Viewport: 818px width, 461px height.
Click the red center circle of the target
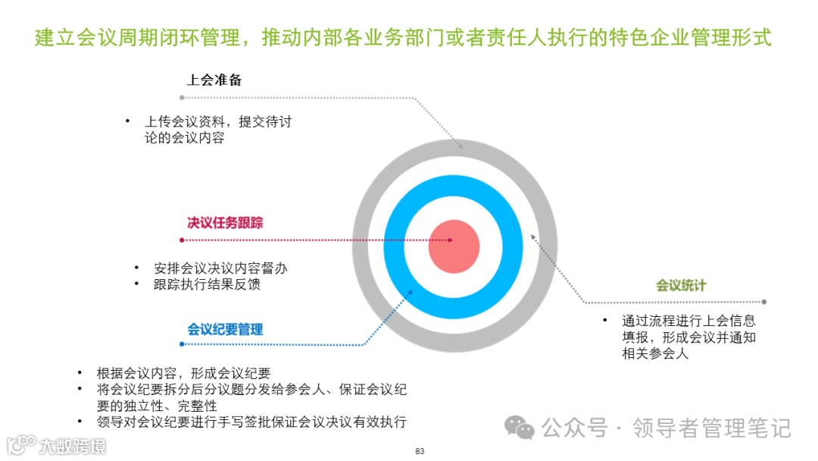pyautogui.click(x=454, y=246)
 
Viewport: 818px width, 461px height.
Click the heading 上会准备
pyautogui.click(x=214, y=80)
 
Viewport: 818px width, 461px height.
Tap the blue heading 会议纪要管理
pyautogui.click(x=225, y=329)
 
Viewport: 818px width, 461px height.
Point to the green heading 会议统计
pyautogui.click(x=681, y=285)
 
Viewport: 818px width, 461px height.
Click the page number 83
pyautogui.click(x=420, y=452)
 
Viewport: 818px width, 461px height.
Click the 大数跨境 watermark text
pyautogui.click(x=73, y=445)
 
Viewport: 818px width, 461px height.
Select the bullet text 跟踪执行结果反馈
pyautogui.click(x=207, y=284)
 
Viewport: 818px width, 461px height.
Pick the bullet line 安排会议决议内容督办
pyautogui.click(x=220, y=268)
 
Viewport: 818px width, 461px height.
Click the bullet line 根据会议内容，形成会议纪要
pyautogui.click(x=183, y=373)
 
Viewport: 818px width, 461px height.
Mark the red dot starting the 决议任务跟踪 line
pyautogui.click(x=182, y=240)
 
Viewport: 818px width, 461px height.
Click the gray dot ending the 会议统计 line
pyautogui.click(x=763, y=302)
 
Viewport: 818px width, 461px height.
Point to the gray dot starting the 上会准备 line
pyautogui.click(x=182, y=98)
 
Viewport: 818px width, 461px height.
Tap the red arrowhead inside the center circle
pyautogui.click(x=450, y=240)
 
